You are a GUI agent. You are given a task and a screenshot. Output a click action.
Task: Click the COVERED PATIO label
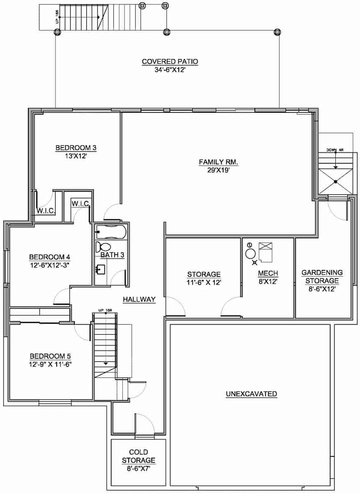[x=170, y=62]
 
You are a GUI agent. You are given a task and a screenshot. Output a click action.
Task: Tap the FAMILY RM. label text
[x=219, y=162]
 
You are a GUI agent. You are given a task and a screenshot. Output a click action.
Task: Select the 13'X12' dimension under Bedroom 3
[x=76, y=156]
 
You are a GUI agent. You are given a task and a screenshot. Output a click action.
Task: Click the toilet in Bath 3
[x=103, y=247]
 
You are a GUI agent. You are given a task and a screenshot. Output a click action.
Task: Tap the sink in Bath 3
[x=101, y=270]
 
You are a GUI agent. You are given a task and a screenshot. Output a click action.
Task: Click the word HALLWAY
[x=139, y=299]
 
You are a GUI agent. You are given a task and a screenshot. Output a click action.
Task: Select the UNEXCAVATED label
[x=251, y=394]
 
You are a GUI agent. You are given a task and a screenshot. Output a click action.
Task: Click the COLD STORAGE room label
[x=139, y=456]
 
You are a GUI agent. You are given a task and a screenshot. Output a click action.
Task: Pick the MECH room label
[x=268, y=274]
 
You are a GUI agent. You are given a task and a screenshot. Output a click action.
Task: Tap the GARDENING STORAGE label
[x=322, y=276]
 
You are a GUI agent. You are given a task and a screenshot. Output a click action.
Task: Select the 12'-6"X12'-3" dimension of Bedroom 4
[x=49, y=265]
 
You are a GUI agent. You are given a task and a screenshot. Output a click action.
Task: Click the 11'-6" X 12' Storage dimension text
[x=204, y=282]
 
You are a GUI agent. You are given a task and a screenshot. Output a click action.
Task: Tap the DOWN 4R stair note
[x=335, y=150]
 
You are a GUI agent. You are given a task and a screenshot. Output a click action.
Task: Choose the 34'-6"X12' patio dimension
[x=170, y=69]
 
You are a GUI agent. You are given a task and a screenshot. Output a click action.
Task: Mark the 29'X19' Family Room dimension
[x=219, y=170]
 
